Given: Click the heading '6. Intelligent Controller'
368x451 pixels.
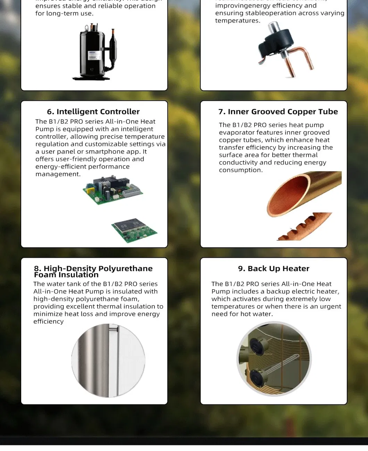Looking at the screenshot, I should (93, 112).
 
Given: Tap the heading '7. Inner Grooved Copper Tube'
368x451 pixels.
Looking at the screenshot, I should (278, 112).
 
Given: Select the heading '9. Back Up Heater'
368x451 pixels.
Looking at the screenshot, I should (274, 268).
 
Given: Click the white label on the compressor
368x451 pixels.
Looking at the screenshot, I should (94, 55).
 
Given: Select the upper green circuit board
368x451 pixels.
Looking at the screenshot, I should (112, 190).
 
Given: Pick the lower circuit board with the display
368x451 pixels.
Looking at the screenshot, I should (134, 230).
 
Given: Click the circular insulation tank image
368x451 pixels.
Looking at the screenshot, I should (108, 361).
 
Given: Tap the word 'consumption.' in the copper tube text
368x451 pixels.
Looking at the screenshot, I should (241, 170).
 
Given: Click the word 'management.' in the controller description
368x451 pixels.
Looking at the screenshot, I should (58, 174).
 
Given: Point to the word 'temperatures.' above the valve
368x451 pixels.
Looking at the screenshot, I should (237, 21).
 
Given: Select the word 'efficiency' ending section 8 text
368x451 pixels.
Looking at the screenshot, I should (48, 322).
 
